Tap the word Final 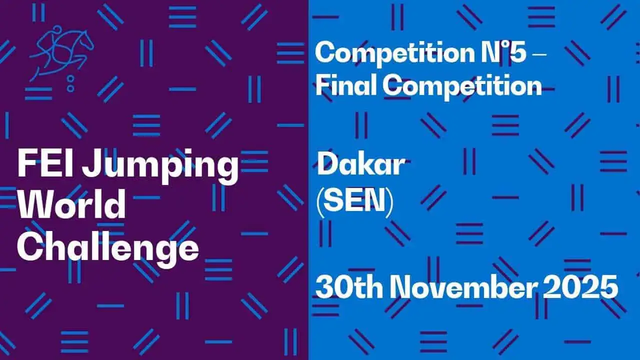[345, 86]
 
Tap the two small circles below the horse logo [70, 83]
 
